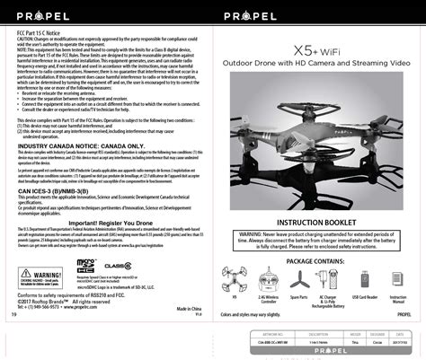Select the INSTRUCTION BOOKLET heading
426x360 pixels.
click(320, 221)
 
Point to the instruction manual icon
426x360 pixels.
click(399, 278)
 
